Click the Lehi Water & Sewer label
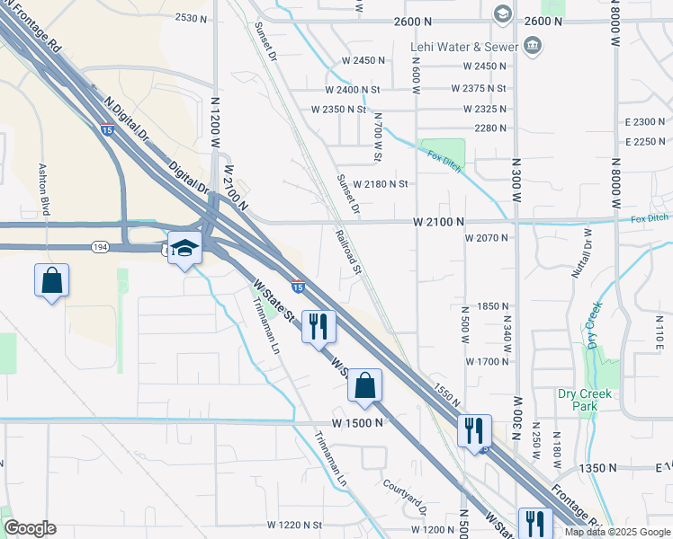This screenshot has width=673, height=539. click(464, 47)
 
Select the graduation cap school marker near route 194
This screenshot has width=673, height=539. click(184, 249)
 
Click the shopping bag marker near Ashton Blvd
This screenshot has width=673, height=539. click(52, 280)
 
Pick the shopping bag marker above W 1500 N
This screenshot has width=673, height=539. click(364, 386)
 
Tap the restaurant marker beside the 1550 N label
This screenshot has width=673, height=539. click(474, 431)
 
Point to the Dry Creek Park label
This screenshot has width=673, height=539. click(584, 400)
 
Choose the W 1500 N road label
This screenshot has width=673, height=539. click(357, 422)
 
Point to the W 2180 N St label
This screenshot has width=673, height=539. click(381, 184)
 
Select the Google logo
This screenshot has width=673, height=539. click(29, 528)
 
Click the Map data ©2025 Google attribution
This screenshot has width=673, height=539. click(616, 532)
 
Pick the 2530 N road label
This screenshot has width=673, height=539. click(193, 18)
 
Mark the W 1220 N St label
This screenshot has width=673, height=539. click(294, 525)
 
